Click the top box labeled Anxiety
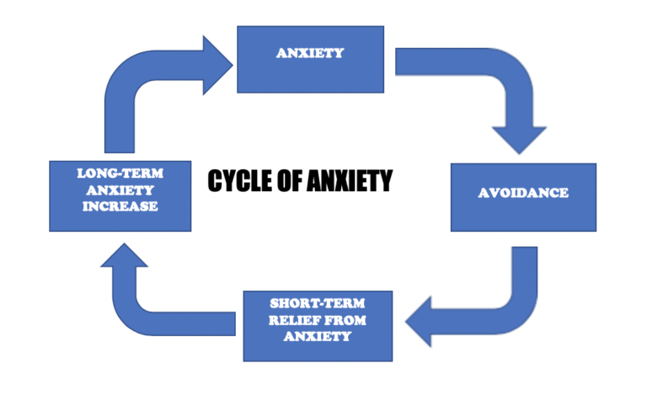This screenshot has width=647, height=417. (x=310, y=59)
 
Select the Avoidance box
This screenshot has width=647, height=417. (x=523, y=196)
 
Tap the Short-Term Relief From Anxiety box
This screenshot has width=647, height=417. (x=318, y=324)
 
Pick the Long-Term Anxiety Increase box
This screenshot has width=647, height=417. (x=120, y=195)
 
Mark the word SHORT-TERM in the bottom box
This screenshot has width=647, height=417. (x=318, y=304)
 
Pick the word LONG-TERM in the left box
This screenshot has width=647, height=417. (x=120, y=174)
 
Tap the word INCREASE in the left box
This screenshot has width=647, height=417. (x=120, y=206)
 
